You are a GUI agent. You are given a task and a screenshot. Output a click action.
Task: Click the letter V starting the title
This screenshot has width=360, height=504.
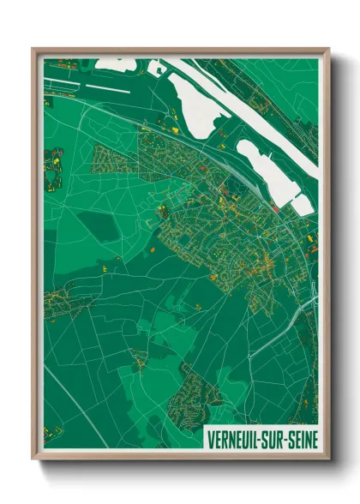[x=209, y=439]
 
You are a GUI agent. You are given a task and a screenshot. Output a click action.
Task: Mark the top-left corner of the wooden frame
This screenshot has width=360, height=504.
[x=33, y=49]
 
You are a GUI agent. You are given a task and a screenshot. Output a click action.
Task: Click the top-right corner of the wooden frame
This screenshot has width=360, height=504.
[x=328, y=49]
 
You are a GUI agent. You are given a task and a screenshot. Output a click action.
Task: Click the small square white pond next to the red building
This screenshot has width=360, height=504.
[x=301, y=203]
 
